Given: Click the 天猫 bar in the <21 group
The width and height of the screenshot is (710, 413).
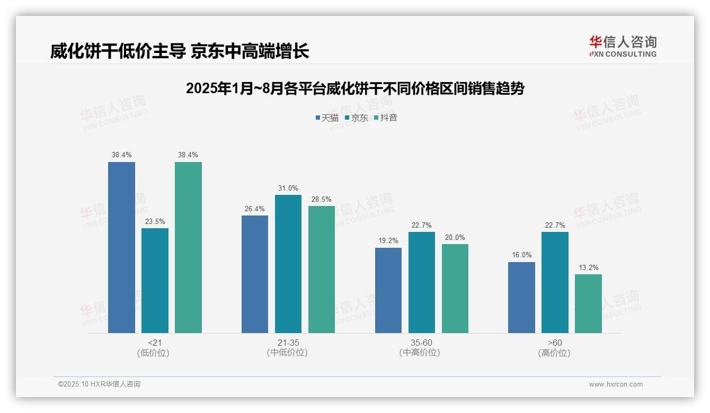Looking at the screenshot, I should pos(121,247).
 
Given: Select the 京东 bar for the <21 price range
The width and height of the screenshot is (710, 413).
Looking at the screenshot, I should pos(155,281).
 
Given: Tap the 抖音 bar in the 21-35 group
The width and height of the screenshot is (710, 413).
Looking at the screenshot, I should pos(322,269).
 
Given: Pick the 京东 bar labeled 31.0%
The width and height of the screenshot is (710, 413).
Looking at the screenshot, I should pos(288,264).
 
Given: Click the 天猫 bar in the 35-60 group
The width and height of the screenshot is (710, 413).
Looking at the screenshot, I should pos(388,290).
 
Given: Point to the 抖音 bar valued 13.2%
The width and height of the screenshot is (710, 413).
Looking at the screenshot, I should pos(588,303).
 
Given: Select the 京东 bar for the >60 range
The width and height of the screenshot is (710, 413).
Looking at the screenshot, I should pos(555,282).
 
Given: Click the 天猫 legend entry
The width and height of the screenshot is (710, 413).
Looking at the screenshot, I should pos(327,118).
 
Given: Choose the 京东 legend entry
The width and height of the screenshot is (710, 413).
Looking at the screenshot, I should pos(356,118).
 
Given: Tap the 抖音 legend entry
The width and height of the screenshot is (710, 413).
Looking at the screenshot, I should pos(386,118).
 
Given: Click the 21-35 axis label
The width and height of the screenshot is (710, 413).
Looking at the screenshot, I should pos(288,343).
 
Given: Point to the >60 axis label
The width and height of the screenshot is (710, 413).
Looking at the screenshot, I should pos(555,343).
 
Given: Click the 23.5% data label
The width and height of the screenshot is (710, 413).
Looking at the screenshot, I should pos(155,222).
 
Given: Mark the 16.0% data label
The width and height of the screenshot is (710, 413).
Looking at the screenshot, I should pos(521,255).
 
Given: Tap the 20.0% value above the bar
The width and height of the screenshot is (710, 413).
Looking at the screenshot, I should pos(455,238).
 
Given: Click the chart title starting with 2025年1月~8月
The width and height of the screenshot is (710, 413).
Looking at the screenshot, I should pos(354,88).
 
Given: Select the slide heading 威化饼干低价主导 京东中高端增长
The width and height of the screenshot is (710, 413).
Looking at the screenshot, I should pos(180,51).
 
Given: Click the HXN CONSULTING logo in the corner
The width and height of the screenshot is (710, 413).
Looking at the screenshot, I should pos(623,46).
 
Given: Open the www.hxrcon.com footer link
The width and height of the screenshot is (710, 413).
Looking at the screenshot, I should pos(616,384).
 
